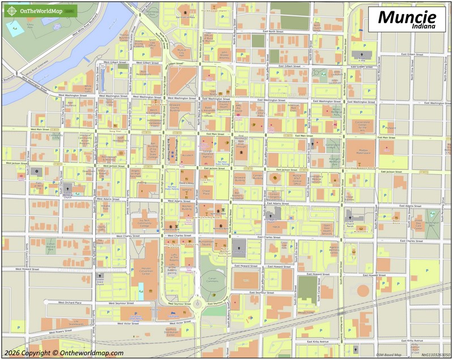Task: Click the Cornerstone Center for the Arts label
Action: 362,126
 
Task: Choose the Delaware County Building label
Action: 174,108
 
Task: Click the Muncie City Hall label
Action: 181,52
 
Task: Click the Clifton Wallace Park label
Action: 50,245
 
